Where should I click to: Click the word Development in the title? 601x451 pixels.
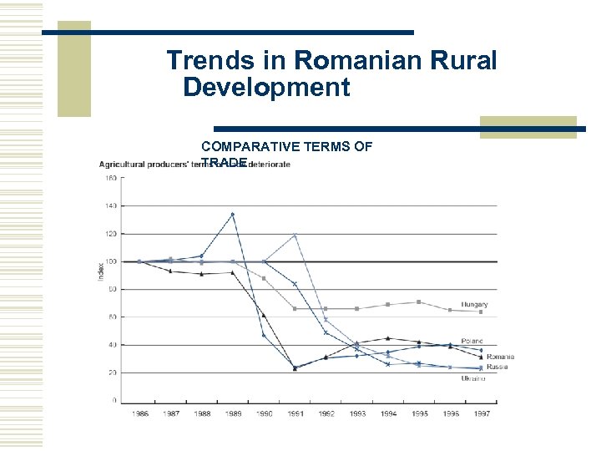tap(266, 88)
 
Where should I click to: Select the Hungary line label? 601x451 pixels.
tap(474, 305)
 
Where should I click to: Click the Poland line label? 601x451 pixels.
tap(472, 342)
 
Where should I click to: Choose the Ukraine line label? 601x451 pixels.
tap(473, 378)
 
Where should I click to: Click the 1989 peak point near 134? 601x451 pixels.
tap(232, 215)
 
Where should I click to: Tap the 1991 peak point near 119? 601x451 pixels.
tap(295, 236)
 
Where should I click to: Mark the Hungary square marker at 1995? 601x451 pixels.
tap(419, 302)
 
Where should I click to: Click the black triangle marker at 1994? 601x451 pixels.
tap(388, 338)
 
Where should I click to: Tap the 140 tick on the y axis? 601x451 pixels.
tap(110, 205)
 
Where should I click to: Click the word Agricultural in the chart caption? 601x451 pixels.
tap(124, 164)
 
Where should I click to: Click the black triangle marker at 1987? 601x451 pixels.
tap(169, 271)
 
